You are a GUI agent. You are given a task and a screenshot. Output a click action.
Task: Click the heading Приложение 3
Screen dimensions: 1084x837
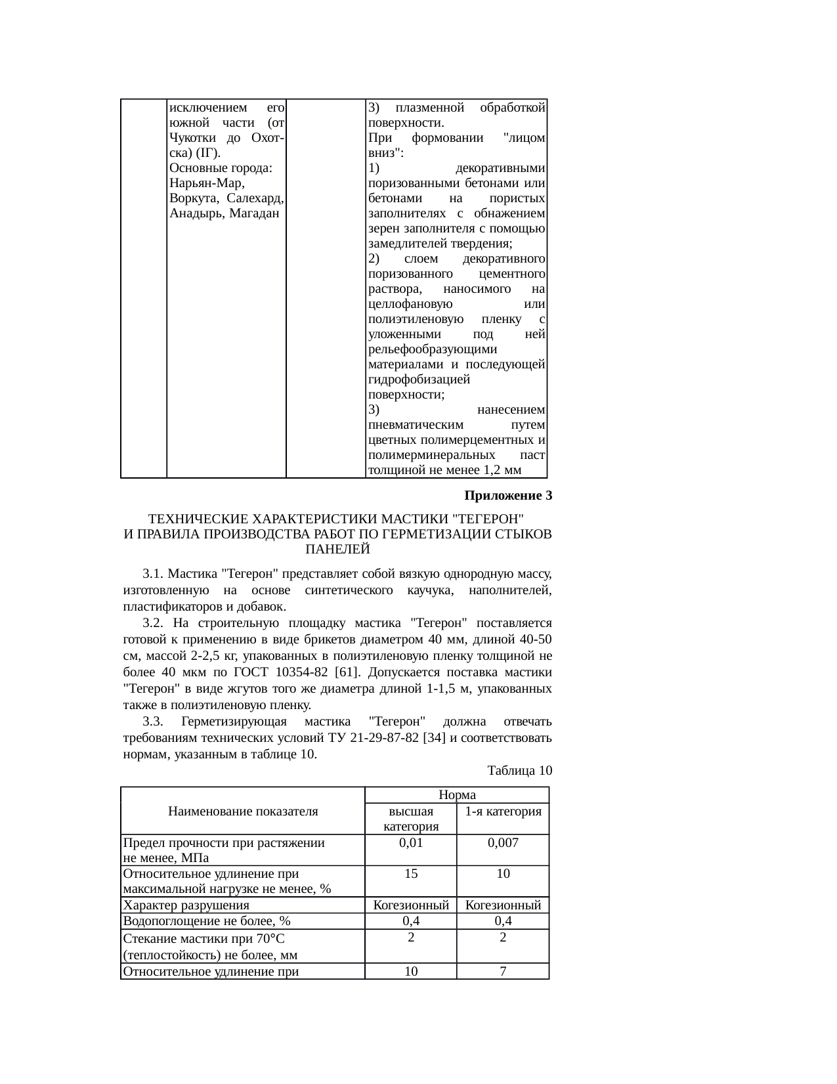(508, 496)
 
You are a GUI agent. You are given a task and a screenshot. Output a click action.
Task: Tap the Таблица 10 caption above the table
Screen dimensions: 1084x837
(519, 770)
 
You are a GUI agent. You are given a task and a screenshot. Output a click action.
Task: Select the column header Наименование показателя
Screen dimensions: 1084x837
(243, 811)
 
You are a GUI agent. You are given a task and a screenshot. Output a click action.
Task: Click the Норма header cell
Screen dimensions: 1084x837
(457, 794)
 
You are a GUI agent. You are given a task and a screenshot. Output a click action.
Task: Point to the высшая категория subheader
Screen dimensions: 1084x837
(411, 819)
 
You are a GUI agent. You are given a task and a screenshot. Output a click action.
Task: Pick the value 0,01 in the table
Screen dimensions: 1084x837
(411, 842)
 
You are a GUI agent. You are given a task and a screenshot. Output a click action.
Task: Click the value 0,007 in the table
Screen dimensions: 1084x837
(503, 842)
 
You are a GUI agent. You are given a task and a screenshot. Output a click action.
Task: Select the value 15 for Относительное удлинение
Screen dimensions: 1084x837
(411, 874)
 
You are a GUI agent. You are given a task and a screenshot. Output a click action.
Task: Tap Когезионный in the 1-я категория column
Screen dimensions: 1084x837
(503, 905)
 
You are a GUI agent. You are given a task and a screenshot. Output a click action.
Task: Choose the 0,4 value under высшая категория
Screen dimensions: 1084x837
(411, 921)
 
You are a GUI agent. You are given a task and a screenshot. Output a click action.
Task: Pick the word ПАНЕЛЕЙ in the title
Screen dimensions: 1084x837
(338, 549)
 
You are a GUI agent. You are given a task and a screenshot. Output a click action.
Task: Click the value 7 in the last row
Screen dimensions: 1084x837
(503, 971)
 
